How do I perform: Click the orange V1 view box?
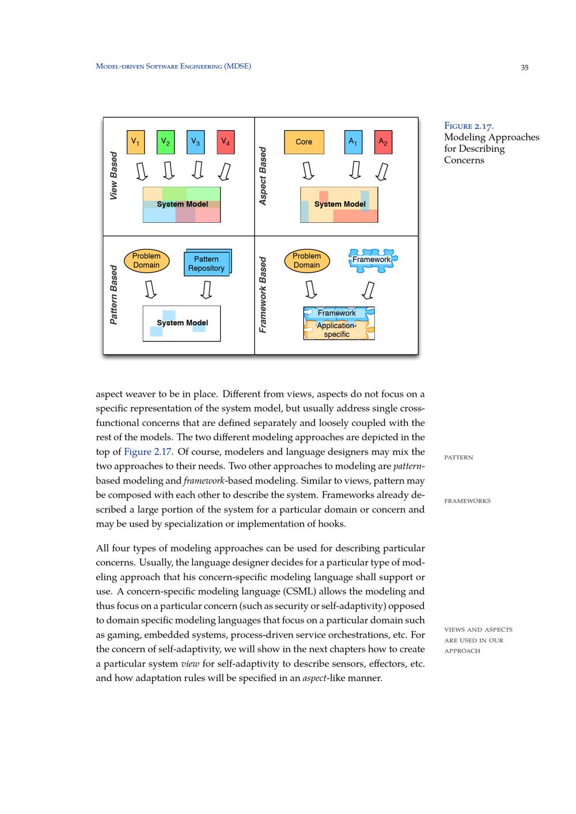135,142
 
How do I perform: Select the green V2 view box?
165,142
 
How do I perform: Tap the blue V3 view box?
196,142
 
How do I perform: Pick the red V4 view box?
226,142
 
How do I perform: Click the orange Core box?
304,142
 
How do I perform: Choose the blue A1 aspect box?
353,142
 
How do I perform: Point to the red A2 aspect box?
383,142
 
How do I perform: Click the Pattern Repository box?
206,264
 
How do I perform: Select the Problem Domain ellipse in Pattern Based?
146,261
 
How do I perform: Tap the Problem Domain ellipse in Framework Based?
306,261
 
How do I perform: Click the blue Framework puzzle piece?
372,260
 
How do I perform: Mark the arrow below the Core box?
308,171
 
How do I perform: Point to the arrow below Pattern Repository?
206,290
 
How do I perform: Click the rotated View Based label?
113,176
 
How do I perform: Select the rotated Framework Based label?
263,295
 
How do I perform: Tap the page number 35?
524,67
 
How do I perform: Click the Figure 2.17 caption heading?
468,126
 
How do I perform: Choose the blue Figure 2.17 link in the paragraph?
147,452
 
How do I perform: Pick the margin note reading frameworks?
467,501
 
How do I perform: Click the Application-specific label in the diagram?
337,330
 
